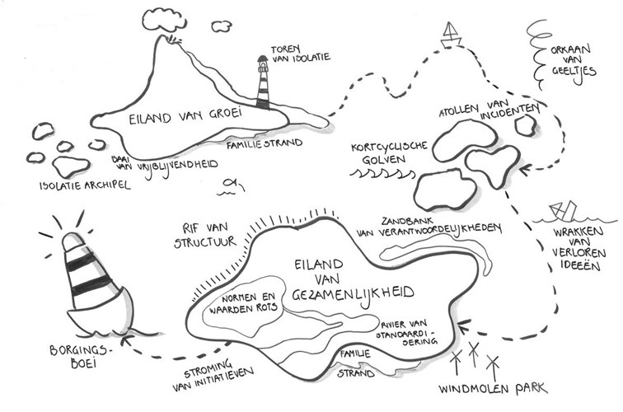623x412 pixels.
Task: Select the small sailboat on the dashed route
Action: click(451, 33)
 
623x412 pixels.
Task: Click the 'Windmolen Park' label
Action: click(491, 388)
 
